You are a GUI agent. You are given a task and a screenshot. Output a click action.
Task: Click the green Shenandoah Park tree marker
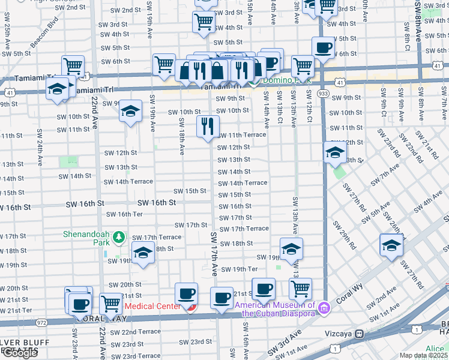(x=119, y=238)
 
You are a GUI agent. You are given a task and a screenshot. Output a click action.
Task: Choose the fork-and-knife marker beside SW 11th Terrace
(x=208, y=127)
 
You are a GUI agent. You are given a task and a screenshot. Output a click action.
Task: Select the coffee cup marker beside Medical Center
(x=186, y=294)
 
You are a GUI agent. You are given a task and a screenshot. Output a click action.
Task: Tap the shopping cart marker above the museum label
(x=300, y=289)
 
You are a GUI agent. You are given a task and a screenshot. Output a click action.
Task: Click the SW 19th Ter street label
(x=239, y=269)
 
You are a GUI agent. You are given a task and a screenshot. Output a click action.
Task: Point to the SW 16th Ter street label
(x=124, y=214)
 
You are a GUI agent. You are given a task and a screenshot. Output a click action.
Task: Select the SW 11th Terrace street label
(x=241, y=135)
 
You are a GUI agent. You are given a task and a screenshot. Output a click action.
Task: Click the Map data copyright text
(x=423, y=355)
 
